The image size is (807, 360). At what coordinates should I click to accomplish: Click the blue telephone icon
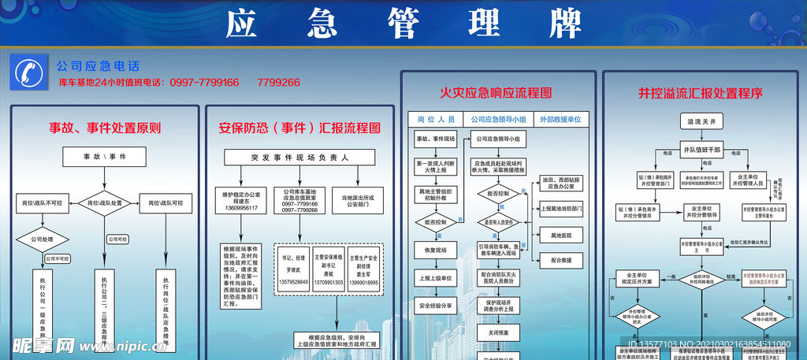click(28, 73)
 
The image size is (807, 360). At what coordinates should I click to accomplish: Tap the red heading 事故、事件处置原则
click(105, 128)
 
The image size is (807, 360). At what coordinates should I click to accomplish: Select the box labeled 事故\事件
click(105, 157)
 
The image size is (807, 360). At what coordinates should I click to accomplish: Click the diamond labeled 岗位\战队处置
click(105, 203)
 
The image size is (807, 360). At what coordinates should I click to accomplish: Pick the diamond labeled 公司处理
click(41, 239)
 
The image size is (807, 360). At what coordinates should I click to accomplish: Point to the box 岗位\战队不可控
click(41, 203)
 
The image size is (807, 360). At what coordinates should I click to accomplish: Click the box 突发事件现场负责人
click(299, 157)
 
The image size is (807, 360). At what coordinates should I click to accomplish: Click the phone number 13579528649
click(295, 281)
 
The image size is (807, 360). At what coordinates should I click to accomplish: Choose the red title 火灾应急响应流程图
click(496, 93)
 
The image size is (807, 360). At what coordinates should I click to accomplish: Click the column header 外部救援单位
click(560, 119)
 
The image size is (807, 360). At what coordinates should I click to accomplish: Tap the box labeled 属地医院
click(560, 235)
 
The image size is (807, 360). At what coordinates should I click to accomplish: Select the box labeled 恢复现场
click(436, 251)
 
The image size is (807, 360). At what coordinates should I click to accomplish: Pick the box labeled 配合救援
click(560, 259)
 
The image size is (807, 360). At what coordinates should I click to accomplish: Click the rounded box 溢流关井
click(701, 122)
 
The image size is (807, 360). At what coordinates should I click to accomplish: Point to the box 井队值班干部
click(701, 149)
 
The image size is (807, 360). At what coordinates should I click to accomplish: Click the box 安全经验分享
click(436, 306)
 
